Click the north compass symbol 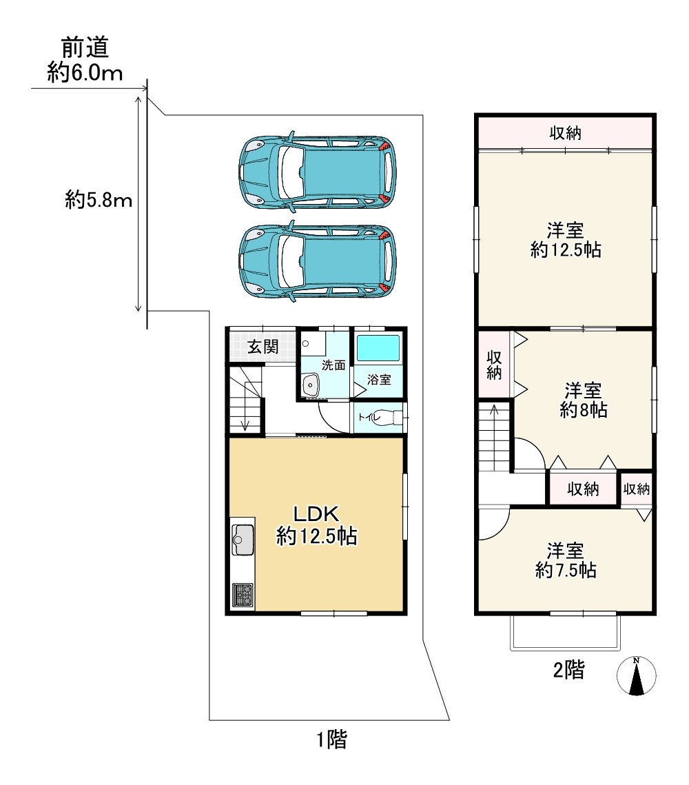(636, 676)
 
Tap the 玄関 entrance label (263, 347)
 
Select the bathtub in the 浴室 (378, 348)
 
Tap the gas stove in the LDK (243, 595)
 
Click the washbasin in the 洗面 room (311, 385)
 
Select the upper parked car (318, 172)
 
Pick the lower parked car (318, 261)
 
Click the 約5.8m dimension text (99, 201)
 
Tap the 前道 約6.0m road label (85, 60)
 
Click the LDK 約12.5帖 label (316, 525)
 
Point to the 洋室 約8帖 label (584, 400)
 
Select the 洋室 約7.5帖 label (566, 561)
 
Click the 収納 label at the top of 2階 (566, 133)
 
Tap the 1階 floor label (331, 739)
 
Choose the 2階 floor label (569, 669)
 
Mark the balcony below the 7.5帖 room (566, 632)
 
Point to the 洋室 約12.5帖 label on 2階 (566, 240)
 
